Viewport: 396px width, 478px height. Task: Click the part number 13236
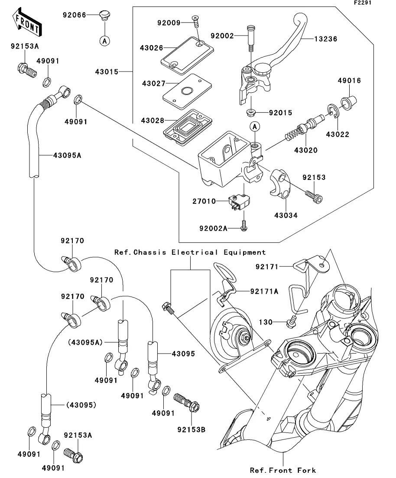click(x=325, y=39)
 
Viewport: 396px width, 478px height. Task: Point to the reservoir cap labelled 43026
click(x=186, y=52)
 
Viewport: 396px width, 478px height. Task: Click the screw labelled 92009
click(x=196, y=18)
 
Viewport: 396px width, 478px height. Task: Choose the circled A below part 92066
click(x=104, y=41)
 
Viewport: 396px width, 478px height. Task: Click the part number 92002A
click(x=213, y=228)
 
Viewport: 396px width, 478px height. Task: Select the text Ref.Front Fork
click(x=283, y=470)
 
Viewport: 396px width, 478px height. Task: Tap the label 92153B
click(x=191, y=429)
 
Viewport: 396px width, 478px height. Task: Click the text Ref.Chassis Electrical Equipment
click(x=190, y=252)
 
